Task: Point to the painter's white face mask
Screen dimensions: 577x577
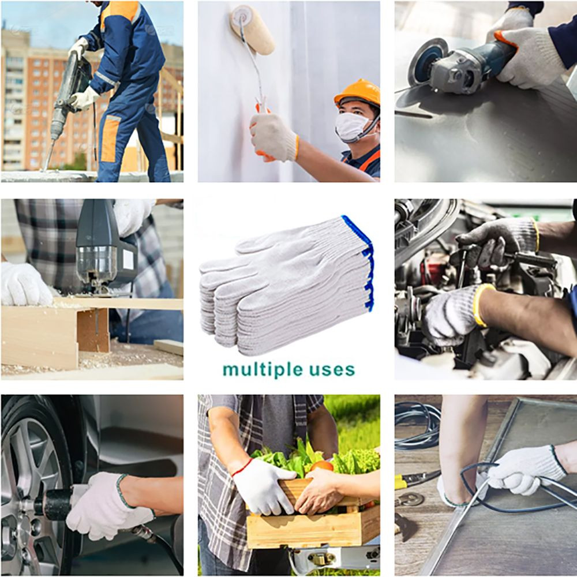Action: coord(353,126)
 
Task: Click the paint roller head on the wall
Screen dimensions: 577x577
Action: coord(253,29)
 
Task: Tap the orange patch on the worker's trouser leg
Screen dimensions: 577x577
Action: coord(110,138)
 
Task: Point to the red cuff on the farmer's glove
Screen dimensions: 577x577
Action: coord(241,468)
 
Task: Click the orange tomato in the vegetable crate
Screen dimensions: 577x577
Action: coord(321,467)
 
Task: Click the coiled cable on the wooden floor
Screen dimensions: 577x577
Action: coord(417,426)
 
